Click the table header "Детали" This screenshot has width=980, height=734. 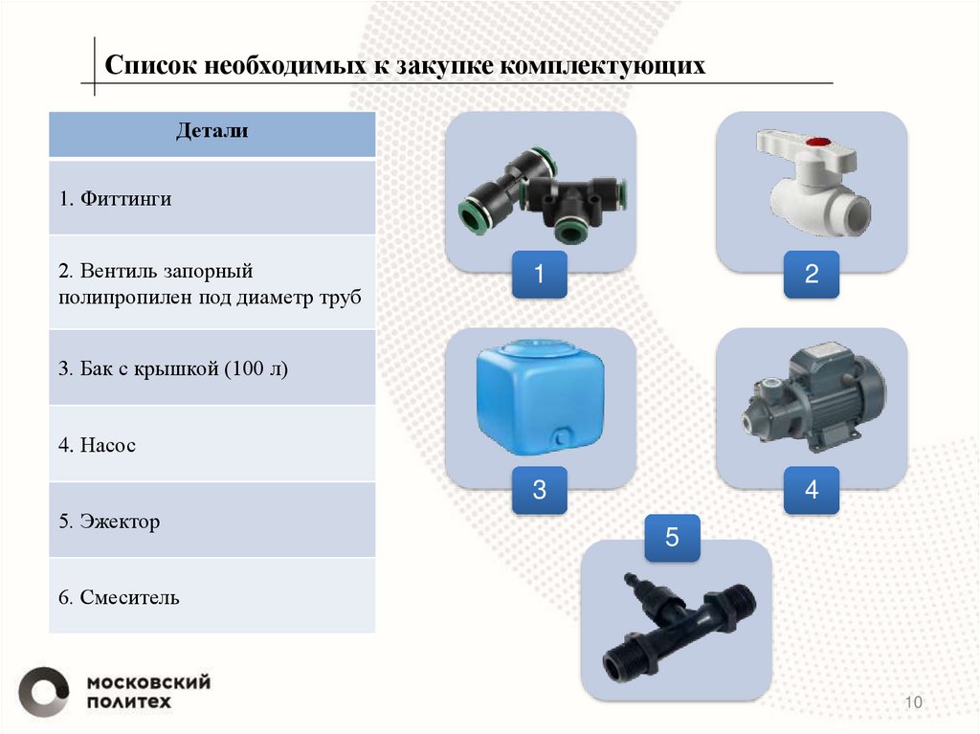click(212, 132)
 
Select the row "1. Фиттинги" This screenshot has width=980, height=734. click(212, 199)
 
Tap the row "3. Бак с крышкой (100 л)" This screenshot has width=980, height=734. click(212, 368)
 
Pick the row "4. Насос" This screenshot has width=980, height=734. click(212, 445)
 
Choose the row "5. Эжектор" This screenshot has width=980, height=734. click(212, 522)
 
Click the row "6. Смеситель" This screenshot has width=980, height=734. click(212, 598)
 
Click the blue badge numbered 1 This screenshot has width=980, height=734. click(538, 276)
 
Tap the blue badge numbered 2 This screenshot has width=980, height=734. click(812, 276)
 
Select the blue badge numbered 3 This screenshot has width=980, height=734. click(538, 491)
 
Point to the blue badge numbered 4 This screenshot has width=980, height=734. click(812, 491)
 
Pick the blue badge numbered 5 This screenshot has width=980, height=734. click(672, 538)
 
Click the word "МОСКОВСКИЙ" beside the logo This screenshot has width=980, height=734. click(148, 682)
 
